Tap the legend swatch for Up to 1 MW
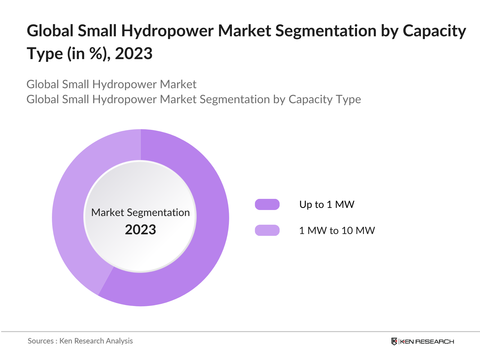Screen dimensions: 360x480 tap(267, 204)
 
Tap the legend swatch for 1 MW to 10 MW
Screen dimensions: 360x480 tap(267, 230)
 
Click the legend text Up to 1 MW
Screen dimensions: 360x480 tap(327, 205)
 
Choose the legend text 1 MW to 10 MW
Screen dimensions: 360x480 tap(337, 231)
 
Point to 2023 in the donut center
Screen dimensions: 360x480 tap(140, 230)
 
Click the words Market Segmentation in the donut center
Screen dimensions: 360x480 tap(140, 212)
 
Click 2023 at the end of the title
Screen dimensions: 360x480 tap(134, 54)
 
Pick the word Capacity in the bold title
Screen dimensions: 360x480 tap(434, 31)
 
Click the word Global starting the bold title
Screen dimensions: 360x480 tap(50, 31)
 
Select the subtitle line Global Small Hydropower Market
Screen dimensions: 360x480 tap(111, 84)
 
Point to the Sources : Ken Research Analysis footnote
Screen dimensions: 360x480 tap(80, 341)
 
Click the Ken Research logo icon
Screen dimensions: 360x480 tap(394, 341)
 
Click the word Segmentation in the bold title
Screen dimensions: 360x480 tap(326, 31)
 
